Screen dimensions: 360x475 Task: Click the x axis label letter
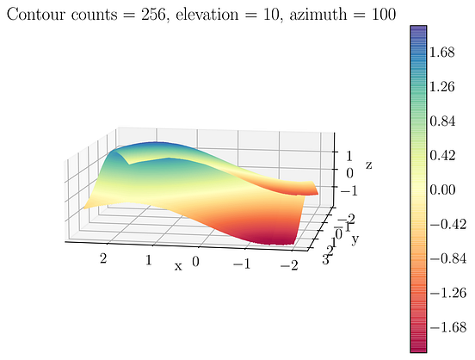point(179,266)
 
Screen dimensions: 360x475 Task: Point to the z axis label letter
point(368,164)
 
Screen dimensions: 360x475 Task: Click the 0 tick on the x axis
point(197,261)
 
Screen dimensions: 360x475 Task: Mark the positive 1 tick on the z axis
point(349,156)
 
